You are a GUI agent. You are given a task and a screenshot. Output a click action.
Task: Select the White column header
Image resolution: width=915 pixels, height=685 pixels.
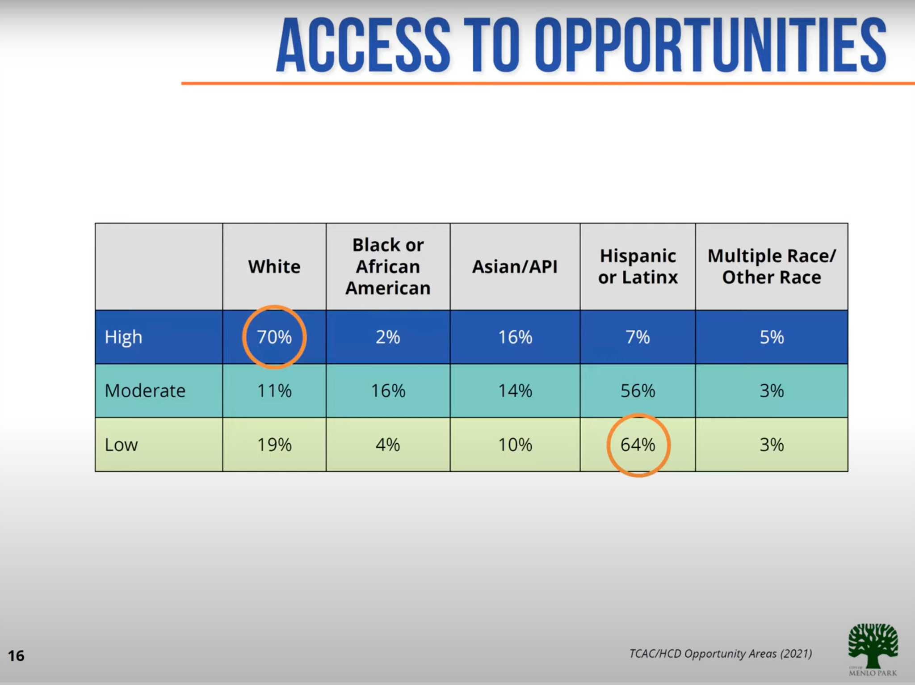(x=274, y=267)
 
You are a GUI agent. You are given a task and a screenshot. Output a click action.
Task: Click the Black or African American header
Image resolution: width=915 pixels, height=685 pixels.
(x=388, y=267)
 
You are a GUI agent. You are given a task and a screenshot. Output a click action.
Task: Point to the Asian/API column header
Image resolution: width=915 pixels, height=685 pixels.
(x=515, y=267)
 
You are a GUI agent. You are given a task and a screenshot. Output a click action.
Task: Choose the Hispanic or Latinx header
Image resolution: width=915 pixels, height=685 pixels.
(x=638, y=267)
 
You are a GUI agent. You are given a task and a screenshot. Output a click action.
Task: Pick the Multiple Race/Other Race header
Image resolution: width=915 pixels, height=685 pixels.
(x=772, y=267)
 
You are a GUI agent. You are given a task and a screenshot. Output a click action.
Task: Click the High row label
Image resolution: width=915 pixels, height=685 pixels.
(x=123, y=337)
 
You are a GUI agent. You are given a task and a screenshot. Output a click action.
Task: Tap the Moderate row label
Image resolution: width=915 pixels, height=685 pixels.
(x=145, y=391)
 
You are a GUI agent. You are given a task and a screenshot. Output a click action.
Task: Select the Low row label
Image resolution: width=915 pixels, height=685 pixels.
(x=121, y=445)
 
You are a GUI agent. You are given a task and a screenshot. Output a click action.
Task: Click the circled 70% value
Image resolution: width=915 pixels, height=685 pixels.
(x=274, y=337)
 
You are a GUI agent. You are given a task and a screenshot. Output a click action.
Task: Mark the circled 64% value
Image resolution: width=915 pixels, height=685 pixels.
(x=638, y=445)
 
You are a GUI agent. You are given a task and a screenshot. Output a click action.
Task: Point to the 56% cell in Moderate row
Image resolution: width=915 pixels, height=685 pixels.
(x=638, y=391)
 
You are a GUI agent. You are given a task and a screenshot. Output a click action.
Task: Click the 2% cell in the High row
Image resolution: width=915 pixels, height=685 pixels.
(x=388, y=337)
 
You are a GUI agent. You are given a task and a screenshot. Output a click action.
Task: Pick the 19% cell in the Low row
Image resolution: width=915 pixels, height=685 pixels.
(x=274, y=445)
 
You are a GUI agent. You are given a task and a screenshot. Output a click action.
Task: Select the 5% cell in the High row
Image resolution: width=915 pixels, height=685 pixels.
(x=772, y=337)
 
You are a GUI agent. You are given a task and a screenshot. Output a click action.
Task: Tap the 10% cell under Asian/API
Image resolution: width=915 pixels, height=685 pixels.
(x=515, y=445)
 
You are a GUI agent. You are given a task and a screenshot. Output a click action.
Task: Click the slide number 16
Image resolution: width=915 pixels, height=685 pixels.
(x=16, y=656)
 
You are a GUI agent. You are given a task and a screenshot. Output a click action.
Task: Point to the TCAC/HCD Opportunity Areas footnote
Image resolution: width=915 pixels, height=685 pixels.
(x=720, y=654)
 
